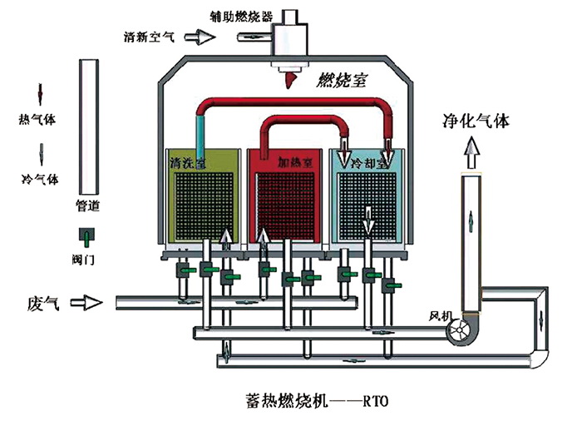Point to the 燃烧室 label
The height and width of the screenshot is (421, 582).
(344, 81)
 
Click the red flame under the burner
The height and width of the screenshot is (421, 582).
(290, 79)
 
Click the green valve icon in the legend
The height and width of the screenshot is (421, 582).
(84, 236)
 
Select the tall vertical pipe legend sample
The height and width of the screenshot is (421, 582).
(86, 125)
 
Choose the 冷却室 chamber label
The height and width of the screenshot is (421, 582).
(371, 162)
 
